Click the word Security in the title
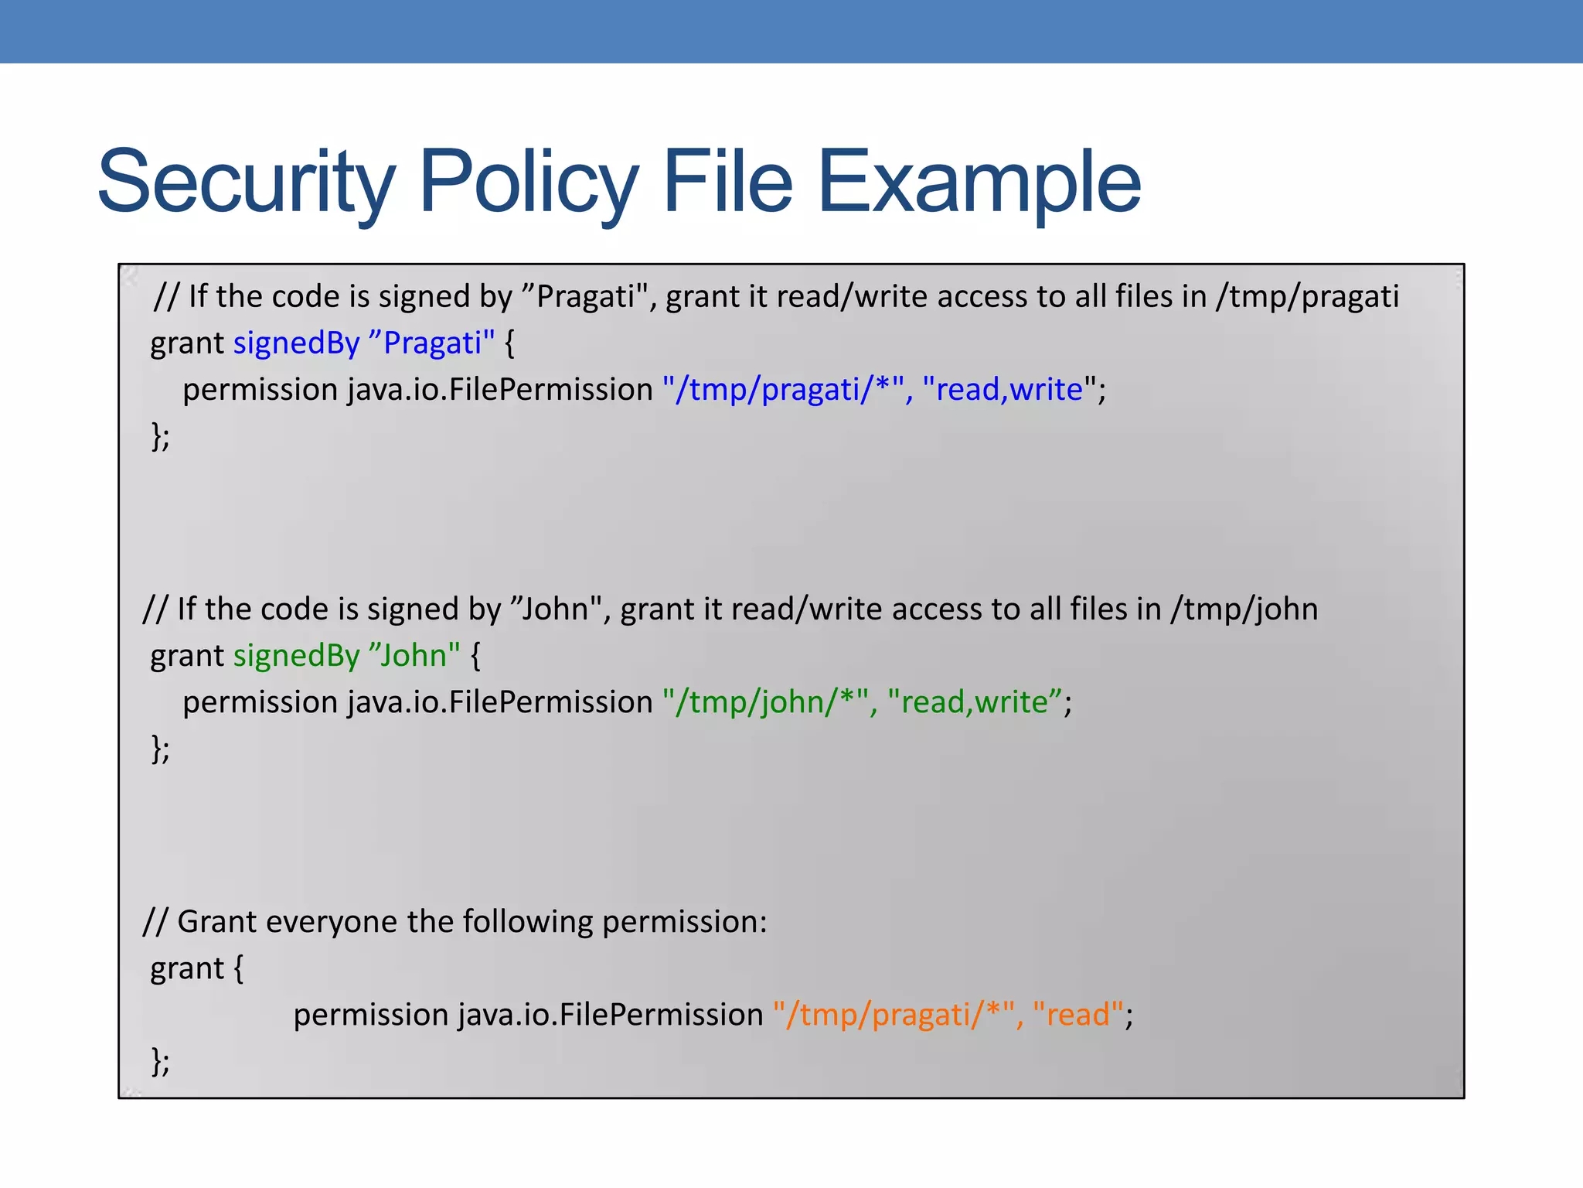click(x=246, y=183)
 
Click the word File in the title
click(x=727, y=183)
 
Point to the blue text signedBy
click(x=297, y=343)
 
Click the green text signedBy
click(x=297, y=656)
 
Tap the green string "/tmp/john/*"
click(x=766, y=702)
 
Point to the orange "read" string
click(x=1077, y=1015)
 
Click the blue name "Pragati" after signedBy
click(x=432, y=343)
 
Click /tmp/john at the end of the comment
click(x=1244, y=609)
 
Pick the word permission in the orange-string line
click(x=370, y=1015)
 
